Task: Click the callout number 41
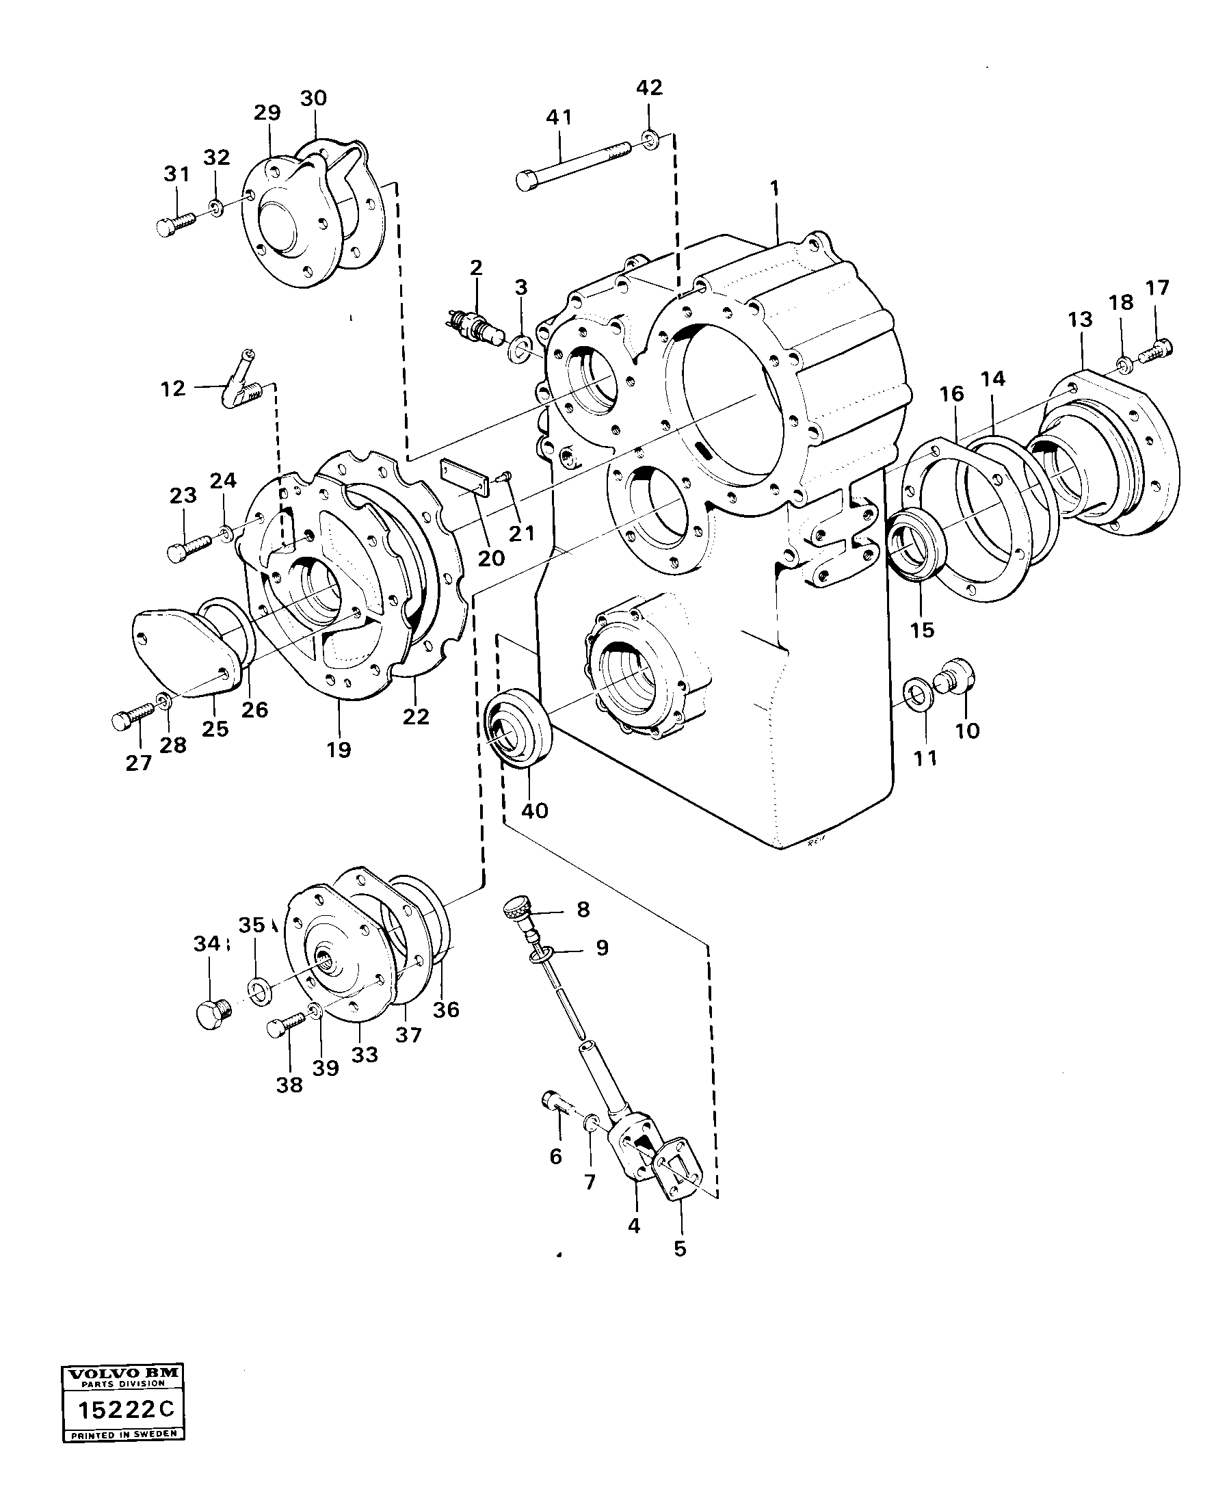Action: (559, 118)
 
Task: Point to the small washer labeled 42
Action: (649, 139)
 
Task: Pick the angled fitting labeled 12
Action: (241, 383)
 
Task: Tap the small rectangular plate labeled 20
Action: (464, 478)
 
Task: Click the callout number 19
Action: (339, 750)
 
